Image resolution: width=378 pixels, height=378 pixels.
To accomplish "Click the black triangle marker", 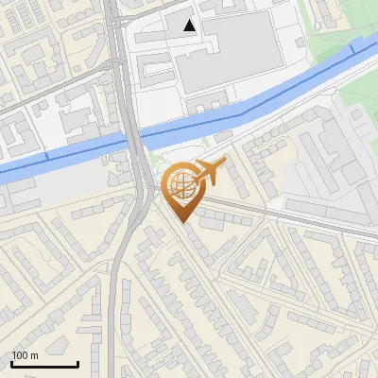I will [191, 26].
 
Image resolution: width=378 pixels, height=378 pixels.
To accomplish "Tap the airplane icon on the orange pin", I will [210, 171].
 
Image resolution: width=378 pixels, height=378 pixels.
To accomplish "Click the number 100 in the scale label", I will [21, 355].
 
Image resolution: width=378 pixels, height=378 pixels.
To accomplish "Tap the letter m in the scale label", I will [35, 355].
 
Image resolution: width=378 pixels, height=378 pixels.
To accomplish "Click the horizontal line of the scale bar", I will [44, 364].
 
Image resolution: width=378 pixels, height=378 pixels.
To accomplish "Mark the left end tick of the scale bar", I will [11, 362].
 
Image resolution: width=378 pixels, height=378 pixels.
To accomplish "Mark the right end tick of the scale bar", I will [77, 362].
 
